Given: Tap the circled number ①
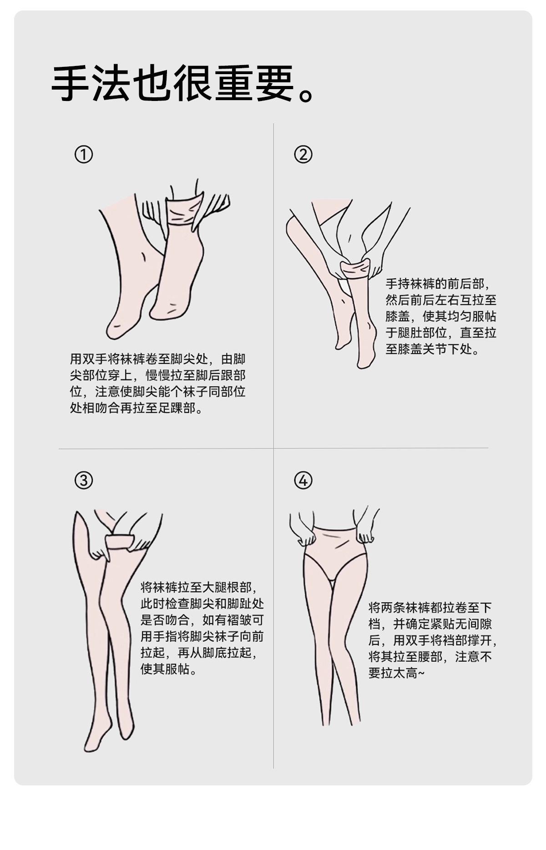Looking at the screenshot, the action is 84,155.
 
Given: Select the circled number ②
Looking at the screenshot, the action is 303,155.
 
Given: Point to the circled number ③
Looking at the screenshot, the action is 84,480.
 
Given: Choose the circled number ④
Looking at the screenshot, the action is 303,480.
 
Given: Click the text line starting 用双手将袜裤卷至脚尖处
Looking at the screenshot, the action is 157,359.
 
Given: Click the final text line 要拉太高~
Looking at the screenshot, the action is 396,673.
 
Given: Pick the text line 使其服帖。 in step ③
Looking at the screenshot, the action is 169,669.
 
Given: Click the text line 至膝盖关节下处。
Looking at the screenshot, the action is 433,349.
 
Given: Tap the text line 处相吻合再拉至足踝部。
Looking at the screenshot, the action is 136,408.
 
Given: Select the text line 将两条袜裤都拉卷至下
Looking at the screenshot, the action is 430,608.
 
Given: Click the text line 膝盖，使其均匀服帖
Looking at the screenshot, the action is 441,317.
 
